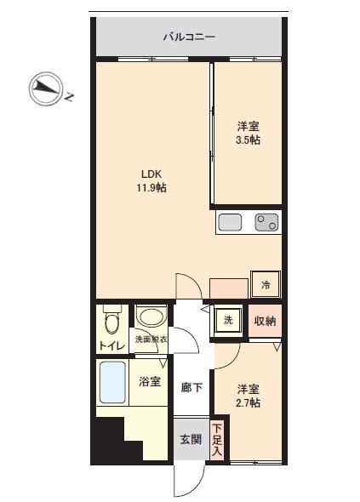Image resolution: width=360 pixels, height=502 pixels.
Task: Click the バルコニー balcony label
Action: coord(189,37)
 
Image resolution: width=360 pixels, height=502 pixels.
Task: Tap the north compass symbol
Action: coord(45,88)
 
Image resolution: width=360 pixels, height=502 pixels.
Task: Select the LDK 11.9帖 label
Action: coord(151,180)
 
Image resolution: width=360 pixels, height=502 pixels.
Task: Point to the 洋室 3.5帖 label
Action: coord(248,134)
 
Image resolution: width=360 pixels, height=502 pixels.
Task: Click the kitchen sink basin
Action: coord(230,222)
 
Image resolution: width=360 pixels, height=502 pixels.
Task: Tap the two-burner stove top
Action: coord(266,222)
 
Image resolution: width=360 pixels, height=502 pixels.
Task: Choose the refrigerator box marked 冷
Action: coord(266,284)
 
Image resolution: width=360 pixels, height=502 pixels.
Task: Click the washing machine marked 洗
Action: coord(228,320)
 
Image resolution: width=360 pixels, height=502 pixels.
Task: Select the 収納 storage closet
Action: coord(266,321)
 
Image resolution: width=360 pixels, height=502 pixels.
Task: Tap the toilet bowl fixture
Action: coord(112,320)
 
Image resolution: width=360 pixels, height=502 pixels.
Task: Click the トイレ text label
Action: coord(111,345)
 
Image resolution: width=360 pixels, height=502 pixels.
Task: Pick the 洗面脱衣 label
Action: coord(151,339)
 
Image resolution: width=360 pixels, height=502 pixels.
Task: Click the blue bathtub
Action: coord(112,382)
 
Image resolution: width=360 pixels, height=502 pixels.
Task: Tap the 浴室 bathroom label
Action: coord(150,381)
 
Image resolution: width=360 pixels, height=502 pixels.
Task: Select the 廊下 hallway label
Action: coord(191,387)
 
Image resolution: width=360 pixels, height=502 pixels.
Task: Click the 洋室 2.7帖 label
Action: coord(248,396)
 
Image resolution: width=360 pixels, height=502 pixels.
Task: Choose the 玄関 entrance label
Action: coord(191,439)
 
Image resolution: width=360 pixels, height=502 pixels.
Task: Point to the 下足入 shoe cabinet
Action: coord(218,440)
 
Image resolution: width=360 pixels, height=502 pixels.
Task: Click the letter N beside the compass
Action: coord(70,96)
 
